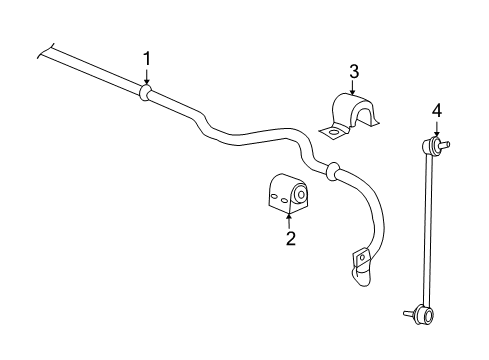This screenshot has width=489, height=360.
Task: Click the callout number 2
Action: [x=290, y=238]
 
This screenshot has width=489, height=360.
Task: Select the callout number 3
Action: [x=353, y=71]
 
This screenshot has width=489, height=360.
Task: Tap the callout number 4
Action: [x=436, y=110]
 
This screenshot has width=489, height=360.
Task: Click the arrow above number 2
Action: [x=290, y=218]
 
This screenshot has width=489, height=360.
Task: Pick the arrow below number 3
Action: [x=353, y=88]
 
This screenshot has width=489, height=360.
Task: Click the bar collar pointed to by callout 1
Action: [x=146, y=93]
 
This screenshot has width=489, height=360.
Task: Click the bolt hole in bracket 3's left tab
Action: [x=329, y=130]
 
